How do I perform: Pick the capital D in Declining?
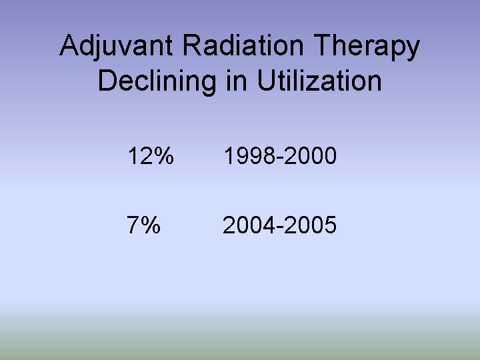coord(107,81)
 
